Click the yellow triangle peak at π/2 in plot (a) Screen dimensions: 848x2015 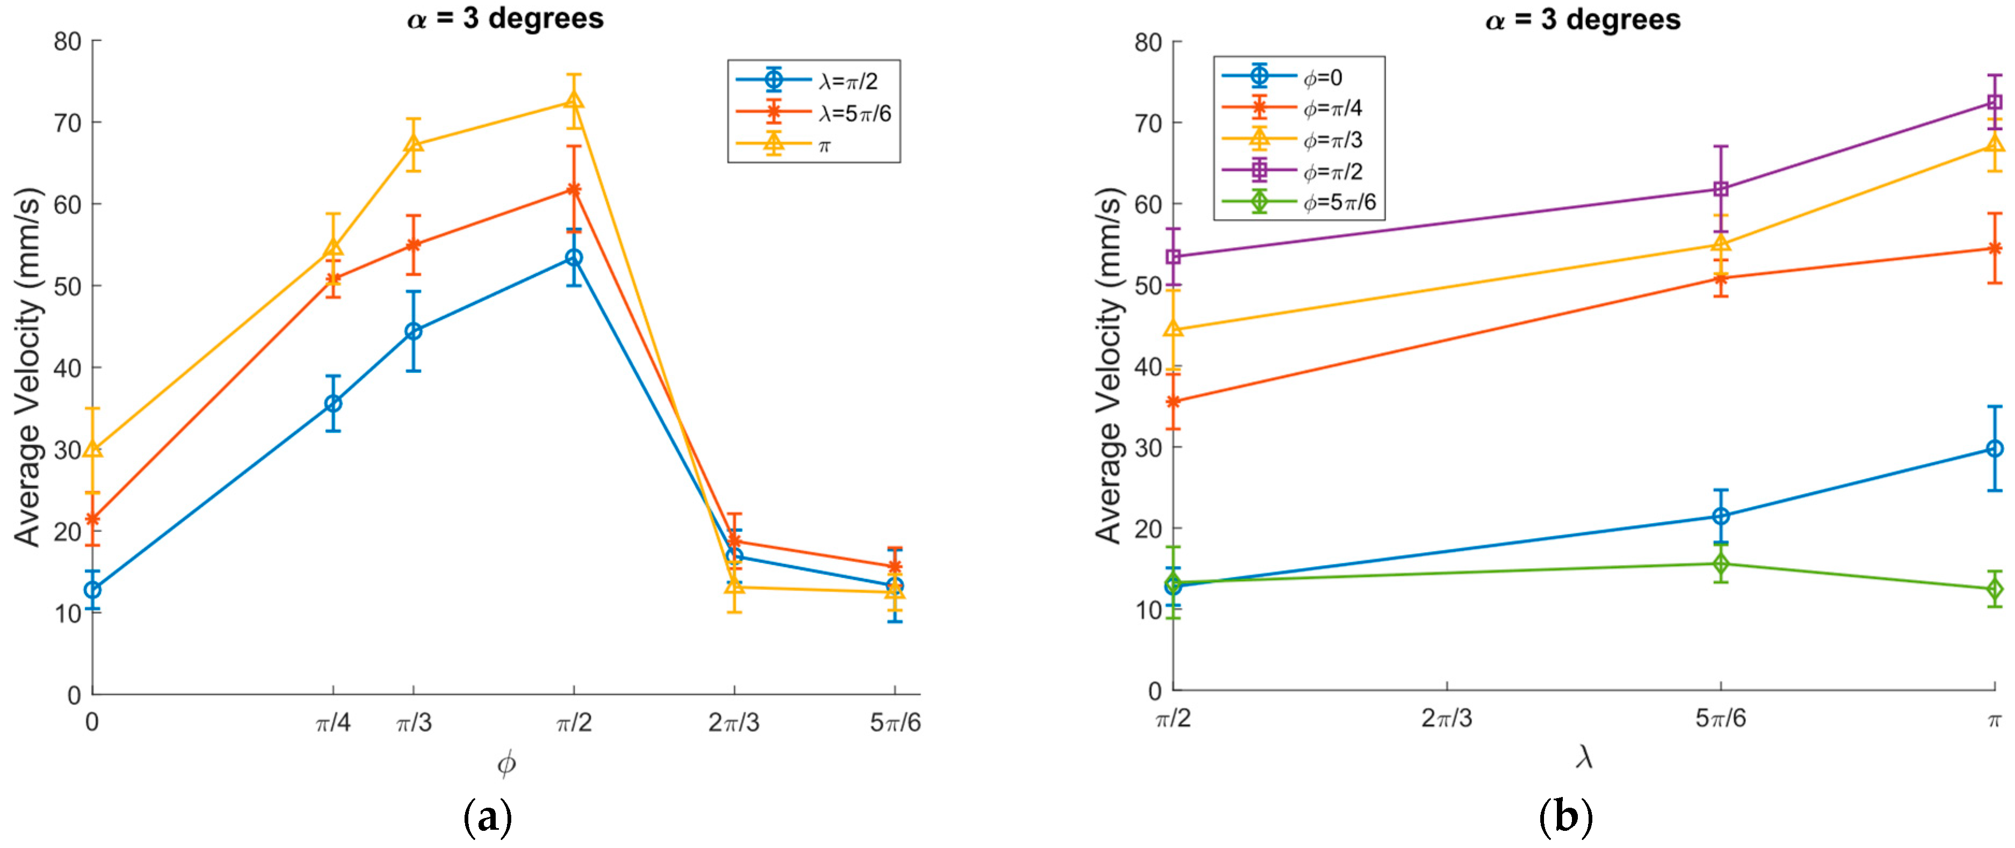(x=574, y=100)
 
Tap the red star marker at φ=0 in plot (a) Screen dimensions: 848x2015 (x=92, y=519)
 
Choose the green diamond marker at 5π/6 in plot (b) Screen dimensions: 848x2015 (x=1721, y=564)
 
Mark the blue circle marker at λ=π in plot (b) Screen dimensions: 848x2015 (x=1995, y=449)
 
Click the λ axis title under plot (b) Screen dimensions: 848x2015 (x=1583, y=757)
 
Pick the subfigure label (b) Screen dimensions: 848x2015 (x=1565, y=817)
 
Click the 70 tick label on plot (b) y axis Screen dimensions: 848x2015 (x=1148, y=123)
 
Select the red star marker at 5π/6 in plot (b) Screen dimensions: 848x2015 (x=1721, y=278)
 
